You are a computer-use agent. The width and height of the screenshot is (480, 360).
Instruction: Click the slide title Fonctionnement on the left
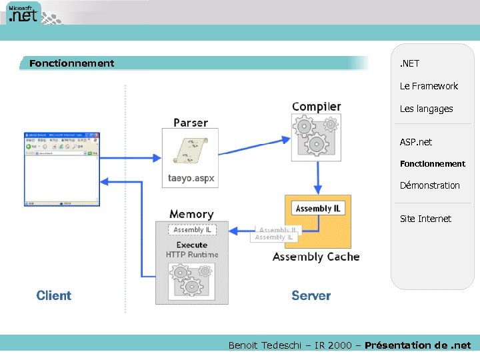click(71, 63)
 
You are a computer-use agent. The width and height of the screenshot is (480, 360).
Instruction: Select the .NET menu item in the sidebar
click(409, 63)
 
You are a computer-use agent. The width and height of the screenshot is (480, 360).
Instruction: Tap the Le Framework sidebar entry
click(429, 86)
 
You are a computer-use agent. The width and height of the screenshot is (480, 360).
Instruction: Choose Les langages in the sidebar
click(426, 109)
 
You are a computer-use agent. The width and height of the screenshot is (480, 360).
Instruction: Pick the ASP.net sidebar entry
click(415, 142)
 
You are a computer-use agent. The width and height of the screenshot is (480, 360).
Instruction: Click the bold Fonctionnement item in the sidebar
click(432, 163)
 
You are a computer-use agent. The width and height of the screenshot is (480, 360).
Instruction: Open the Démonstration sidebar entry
click(429, 185)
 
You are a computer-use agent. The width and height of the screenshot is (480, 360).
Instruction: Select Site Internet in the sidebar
click(425, 219)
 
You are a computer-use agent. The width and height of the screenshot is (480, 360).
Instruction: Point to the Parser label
click(191, 123)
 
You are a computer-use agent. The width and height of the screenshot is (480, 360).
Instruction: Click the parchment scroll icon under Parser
click(190, 151)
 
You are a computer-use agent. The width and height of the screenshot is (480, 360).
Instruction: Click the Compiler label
click(316, 107)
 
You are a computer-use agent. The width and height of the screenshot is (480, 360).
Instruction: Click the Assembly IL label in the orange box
click(318, 209)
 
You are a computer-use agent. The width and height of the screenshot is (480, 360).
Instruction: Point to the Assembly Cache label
click(316, 257)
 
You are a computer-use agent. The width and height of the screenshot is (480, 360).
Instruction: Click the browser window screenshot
click(61, 169)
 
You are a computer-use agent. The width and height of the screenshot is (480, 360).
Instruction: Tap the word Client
click(54, 295)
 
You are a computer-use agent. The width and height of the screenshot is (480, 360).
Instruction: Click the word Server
click(311, 295)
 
